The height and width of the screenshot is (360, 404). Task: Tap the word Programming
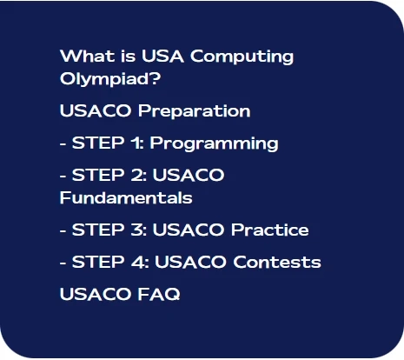(227, 143)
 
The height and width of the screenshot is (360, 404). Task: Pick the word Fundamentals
(125, 198)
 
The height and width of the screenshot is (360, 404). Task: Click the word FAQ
(159, 294)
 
